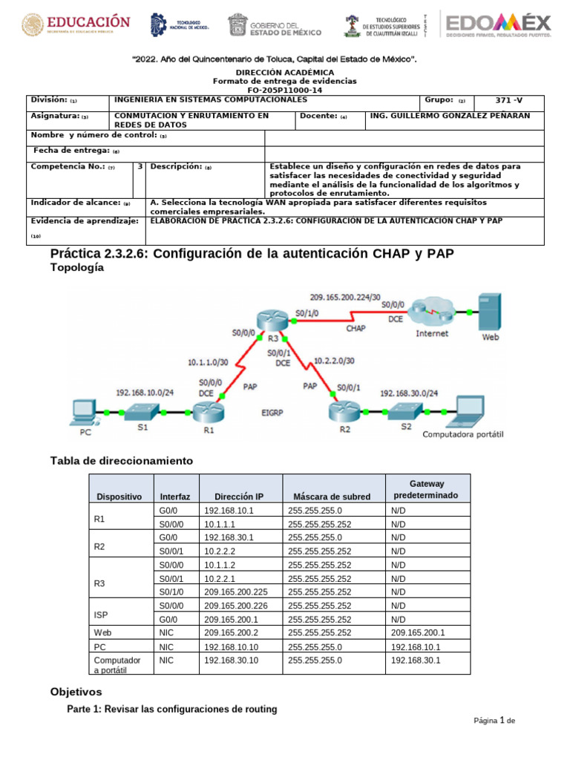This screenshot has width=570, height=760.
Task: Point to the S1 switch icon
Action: [x=142, y=411]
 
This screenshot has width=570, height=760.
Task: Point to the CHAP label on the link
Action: [x=356, y=327]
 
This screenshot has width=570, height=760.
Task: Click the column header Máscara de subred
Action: [x=332, y=497]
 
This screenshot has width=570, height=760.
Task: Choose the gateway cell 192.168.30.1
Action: [x=415, y=660]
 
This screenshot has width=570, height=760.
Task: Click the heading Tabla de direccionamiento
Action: [x=121, y=461]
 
